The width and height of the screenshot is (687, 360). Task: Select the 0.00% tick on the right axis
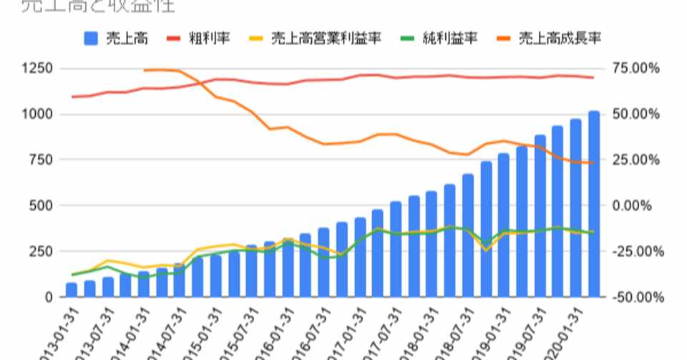635,205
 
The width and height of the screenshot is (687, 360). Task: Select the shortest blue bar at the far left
72,290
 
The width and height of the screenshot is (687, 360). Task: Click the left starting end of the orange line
145,70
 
